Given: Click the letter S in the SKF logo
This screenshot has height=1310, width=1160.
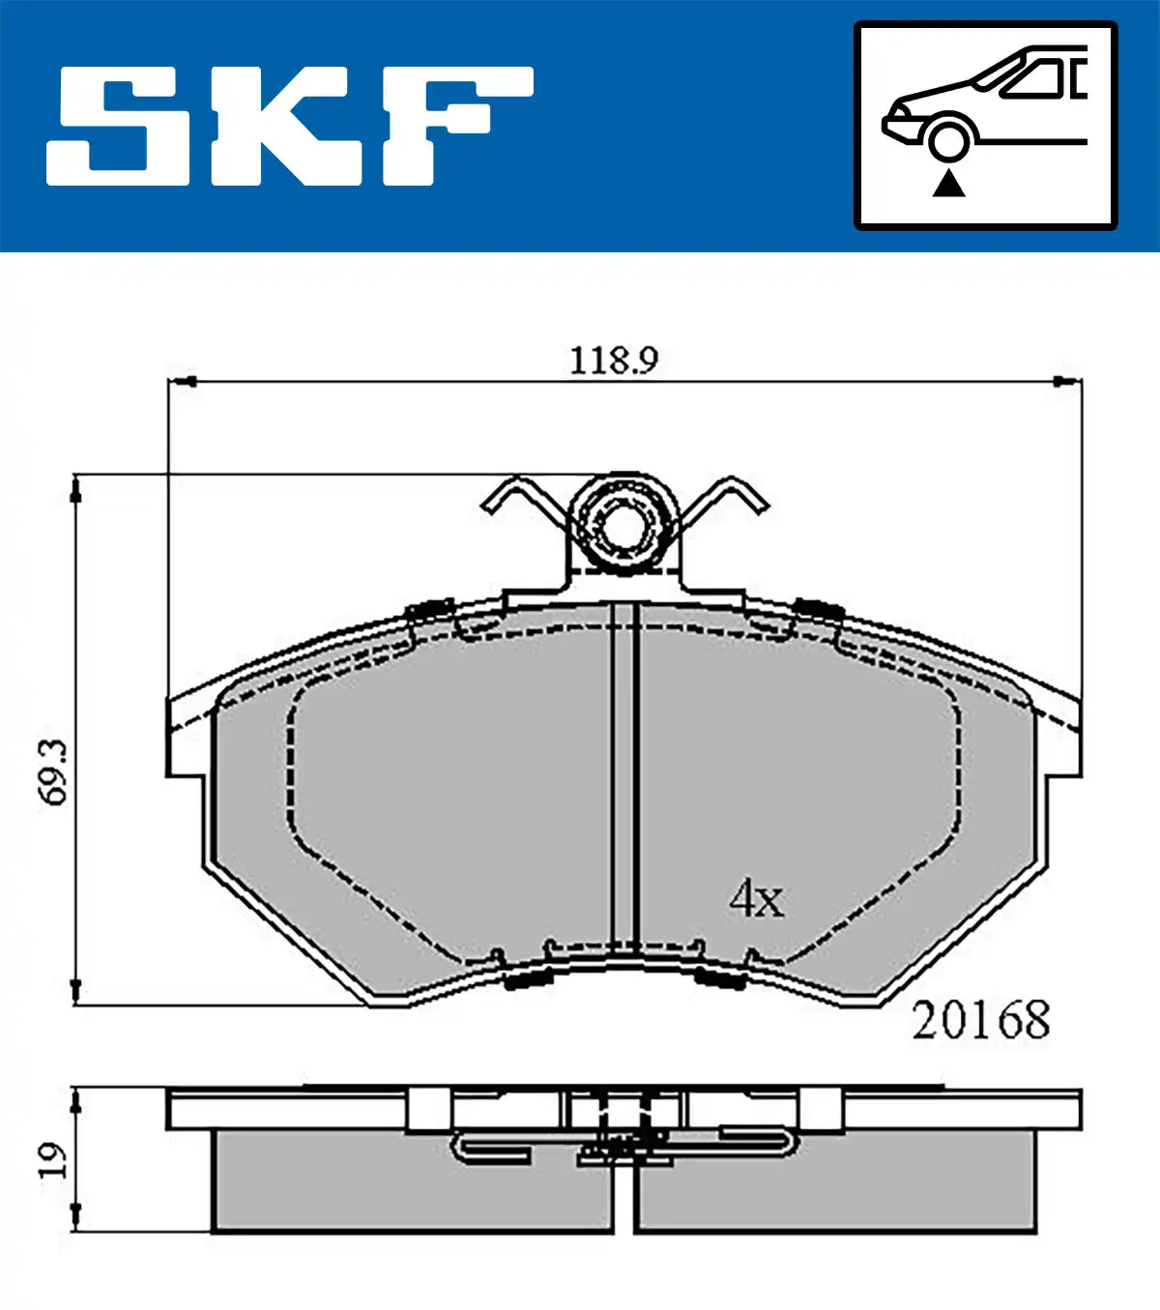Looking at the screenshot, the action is (x=118, y=126).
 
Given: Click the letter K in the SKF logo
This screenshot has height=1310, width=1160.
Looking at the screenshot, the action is (x=284, y=126).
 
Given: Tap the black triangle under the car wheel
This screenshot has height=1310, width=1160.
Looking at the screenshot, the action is (x=948, y=184).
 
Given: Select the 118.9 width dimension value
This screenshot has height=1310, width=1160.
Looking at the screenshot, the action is (x=614, y=361).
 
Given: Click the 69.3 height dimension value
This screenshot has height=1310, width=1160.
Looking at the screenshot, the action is (x=53, y=772).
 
